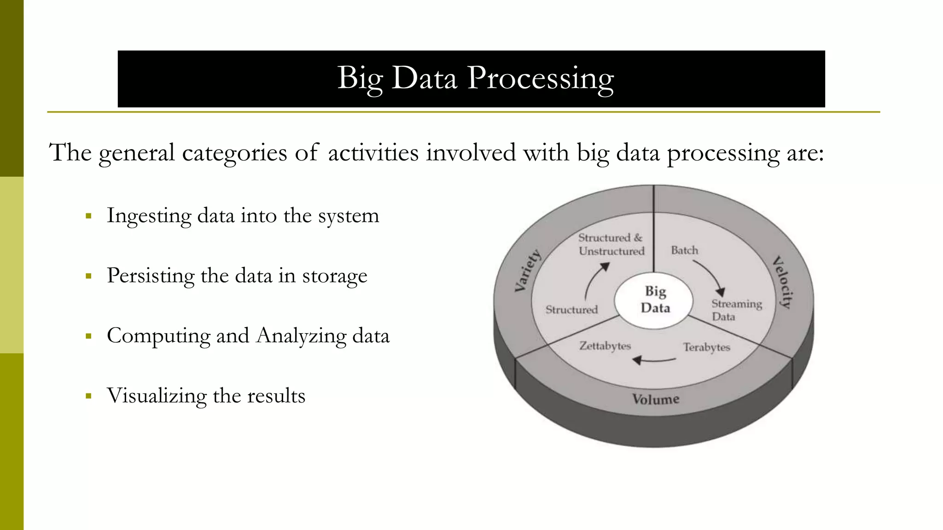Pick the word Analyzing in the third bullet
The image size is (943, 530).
[x=301, y=335]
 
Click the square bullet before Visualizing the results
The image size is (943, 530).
[x=89, y=396]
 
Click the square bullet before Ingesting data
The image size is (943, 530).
[x=89, y=216]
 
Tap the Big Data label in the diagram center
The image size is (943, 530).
[x=655, y=300]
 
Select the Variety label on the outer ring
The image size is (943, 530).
[x=527, y=271]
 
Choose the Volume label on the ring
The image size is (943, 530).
[x=655, y=399]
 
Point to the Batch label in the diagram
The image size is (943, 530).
[x=684, y=250]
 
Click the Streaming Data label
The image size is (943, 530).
[x=736, y=310]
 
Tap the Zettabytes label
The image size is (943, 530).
[x=605, y=346]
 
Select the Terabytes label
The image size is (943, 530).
[x=706, y=347]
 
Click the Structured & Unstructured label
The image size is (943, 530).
[x=611, y=244]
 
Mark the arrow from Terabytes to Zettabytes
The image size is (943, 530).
[x=654, y=360]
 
